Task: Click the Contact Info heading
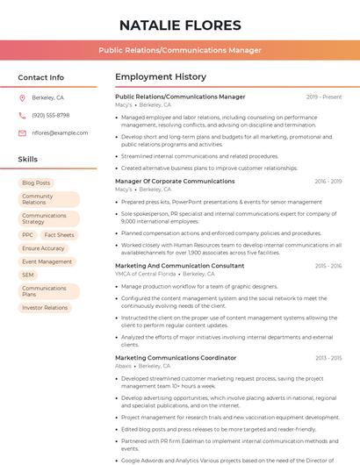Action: pyautogui.click(x=40, y=77)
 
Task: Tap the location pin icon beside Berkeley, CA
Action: pyautogui.click(x=22, y=97)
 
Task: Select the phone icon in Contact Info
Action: pyautogui.click(x=22, y=115)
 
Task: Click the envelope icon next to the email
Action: pyautogui.click(x=22, y=132)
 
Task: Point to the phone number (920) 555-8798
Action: pyautogui.click(x=51, y=115)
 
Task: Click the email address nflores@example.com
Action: pyautogui.click(x=60, y=132)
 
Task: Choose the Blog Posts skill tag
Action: pyautogui.click(x=36, y=182)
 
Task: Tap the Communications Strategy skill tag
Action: pyautogui.click(x=44, y=218)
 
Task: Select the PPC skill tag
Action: pyautogui.click(x=28, y=235)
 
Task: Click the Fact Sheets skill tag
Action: pyautogui.click(x=60, y=235)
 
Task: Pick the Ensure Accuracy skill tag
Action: pyautogui.click(x=43, y=248)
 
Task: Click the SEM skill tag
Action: pyautogui.click(x=28, y=275)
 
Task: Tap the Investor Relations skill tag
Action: pyautogui.click(x=45, y=308)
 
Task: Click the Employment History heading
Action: pyautogui.click(x=161, y=77)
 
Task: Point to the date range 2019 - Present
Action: pyautogui.click(x=324, y=97)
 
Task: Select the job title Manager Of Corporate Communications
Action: pyautogui.click(x=175, y=181)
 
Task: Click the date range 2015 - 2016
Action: pyautogui.click(x=328, y=265)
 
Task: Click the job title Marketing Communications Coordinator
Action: pyautogui.click(x=176, y=358)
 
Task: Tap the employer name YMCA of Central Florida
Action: pyautogui.click(x=146, y=274)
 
